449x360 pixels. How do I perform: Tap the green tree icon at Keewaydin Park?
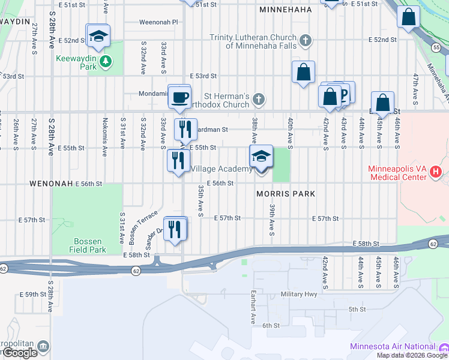pos(106,60)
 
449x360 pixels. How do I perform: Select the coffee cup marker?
pos(179,97)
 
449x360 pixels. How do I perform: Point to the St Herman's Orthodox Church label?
pos(226,100)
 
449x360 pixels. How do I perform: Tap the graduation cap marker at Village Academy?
pos(261,157)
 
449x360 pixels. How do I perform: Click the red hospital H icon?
pos(436,173)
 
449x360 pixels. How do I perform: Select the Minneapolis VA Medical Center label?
pos(399,173)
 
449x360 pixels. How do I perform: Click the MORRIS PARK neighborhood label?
pos(286,194)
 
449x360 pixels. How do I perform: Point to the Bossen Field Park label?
pos(88,245)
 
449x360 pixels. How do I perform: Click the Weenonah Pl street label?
pos(158,22)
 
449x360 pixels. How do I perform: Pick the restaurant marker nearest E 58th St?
pos(175,229)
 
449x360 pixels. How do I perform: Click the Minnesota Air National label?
pos(393,347)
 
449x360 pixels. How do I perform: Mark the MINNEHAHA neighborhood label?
pos(285,10)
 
